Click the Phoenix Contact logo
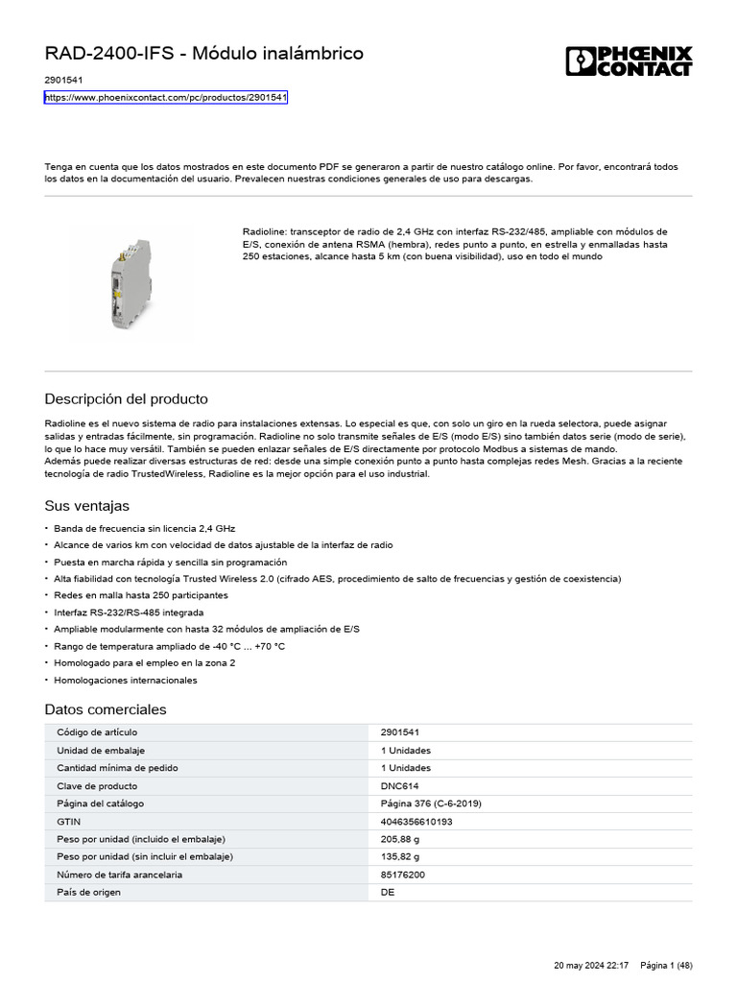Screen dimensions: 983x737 (x=628, y=60)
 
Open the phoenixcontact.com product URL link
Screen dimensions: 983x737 (x=166, y=98)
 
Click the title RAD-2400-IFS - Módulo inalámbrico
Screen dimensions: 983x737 (x=204, y=54)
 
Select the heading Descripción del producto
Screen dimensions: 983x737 (x=126, y=398)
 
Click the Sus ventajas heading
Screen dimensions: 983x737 (x=86, y=506)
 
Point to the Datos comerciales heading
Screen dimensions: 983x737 (x=106, y=709)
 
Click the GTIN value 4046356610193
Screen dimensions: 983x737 (x=416, y=822)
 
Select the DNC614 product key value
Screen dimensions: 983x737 (x=399, y=785)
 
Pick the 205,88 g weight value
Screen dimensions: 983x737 (x=400, y=839)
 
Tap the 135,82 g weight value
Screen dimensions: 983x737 (x=400, y=856)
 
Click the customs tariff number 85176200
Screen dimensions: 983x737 (x=403, y=875)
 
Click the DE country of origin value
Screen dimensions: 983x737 (x=388, y=892)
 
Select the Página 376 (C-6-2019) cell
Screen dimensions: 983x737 (x=431, y=803)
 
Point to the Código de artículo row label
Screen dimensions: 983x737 (x=98, y=732)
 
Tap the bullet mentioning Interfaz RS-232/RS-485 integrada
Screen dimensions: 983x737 (x=129, y=611)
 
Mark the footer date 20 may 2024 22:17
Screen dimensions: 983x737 (x=592, y=965)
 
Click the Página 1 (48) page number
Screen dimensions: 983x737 (x=666, y=965)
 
